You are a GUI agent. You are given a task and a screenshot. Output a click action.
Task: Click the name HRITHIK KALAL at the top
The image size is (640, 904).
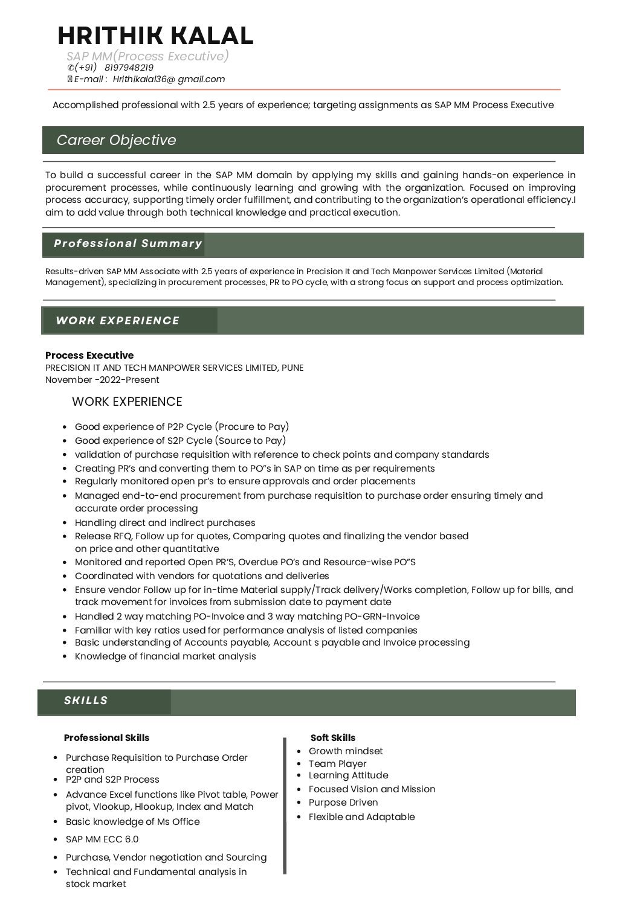pos(155,36)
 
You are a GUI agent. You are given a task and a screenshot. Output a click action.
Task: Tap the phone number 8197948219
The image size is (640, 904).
pos(129,68)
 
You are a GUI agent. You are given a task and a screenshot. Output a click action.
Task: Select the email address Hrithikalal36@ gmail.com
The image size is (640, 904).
pos(169,79)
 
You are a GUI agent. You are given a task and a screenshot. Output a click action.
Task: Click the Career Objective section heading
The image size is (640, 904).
pos(116,140)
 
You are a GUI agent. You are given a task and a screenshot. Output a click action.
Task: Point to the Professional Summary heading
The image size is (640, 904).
pos(128,243)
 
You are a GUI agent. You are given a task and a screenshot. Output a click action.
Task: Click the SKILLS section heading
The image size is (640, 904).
pos(86,700)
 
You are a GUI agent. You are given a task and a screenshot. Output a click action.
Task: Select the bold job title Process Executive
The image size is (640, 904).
pos(89,355)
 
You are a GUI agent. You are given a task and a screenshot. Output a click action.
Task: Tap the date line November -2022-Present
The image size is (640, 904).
pos(102,380)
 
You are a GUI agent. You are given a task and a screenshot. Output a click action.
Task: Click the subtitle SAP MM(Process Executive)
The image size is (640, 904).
pos(148,56)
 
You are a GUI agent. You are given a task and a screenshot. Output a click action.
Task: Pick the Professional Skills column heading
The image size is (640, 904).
pos(106,737)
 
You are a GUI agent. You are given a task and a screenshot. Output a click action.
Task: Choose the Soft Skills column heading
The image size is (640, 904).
pos(333,737)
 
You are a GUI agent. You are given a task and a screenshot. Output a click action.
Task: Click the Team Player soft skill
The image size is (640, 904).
pos(337,763)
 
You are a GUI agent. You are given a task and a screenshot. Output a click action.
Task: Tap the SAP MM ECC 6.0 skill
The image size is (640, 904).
pos(102,839)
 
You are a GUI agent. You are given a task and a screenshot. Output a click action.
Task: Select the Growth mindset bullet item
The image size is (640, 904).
pos(346,751)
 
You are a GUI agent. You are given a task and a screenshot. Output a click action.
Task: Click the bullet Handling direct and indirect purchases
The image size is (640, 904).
pos(165,522)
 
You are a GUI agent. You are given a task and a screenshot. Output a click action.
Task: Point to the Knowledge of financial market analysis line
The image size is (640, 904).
pos(165,656)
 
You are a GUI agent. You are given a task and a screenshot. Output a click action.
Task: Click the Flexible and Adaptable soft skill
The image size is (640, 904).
pos(361,816)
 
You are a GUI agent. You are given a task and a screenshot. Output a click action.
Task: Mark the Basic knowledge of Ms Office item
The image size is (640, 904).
pos(132,821)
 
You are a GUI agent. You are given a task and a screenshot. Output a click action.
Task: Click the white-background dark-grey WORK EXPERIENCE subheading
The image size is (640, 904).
pos(127,402)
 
